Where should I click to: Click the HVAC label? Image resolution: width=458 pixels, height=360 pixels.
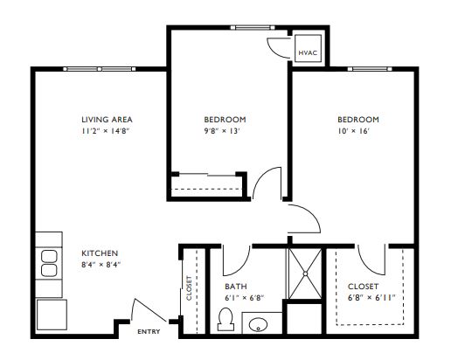coord(308,52)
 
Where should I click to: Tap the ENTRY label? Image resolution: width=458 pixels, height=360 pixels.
coord(149,332)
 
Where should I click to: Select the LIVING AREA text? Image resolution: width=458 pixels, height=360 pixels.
coord(107,120)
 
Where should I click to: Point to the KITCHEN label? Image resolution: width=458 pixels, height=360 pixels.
coord(100,253)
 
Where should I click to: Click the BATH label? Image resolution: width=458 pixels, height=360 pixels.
coord(236,287)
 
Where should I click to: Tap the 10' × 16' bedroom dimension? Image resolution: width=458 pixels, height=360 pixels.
coord(354,131)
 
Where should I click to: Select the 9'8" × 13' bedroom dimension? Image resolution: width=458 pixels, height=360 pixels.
coord(222,131)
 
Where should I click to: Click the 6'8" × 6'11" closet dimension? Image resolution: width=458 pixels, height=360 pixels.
coord(371,298)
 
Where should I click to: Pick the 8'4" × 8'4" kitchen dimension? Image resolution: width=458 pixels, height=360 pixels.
coord(101,265)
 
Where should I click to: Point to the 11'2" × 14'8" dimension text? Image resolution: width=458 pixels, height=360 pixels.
coord(105,131)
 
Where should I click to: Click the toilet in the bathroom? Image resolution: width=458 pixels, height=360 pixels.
coord(226,319)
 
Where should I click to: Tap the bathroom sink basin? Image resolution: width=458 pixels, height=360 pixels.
coord(258,324)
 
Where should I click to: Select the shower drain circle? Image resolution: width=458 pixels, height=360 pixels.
coord(305,273)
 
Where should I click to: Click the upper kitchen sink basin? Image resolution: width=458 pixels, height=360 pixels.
coord(49,256)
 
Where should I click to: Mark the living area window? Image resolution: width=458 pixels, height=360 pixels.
coord(100,69)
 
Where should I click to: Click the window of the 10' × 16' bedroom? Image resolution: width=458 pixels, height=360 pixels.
coord(370,69)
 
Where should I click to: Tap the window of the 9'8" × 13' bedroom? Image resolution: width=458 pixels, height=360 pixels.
coord(253,28)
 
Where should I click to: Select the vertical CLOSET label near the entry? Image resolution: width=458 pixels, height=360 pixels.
coord(189,287)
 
